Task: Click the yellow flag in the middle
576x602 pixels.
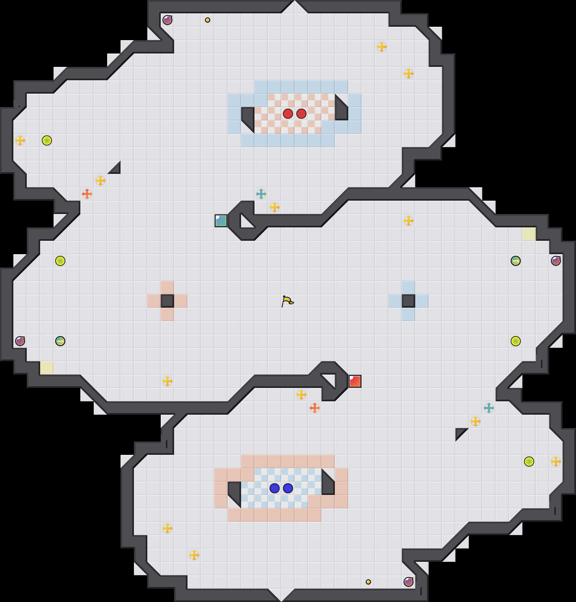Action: [x=287, y=301]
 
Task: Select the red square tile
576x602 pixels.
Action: [x=355, y=381]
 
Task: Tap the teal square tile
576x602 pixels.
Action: [x=221, y=221]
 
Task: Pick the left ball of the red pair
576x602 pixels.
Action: [x=288, y=114]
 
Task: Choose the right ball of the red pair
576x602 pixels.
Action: [x=301, y=114]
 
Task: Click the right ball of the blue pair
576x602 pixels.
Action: [x=288, y=488]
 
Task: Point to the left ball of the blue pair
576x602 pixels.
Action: [x=275, y=488]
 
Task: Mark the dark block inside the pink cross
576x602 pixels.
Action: [x=167, y=301]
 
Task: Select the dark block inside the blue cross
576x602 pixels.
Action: [x=409, y=301]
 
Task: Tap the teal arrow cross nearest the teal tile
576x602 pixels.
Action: [x=261, y=194]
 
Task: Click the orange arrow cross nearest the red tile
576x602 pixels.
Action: [x=315, y=408]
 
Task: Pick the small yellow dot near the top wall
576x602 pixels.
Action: [x=208, y=20]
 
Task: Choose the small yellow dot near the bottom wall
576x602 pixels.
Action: [x=368, y=582]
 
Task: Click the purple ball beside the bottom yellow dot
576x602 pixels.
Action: [x=409, y=582]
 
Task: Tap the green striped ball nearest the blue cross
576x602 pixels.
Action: [x=516, y=261]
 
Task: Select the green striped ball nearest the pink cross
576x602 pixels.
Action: [x=60, y=341]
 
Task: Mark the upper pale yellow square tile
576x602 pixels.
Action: [x=529, y=234]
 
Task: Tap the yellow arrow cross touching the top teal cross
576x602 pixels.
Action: [x=275, y=207]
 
